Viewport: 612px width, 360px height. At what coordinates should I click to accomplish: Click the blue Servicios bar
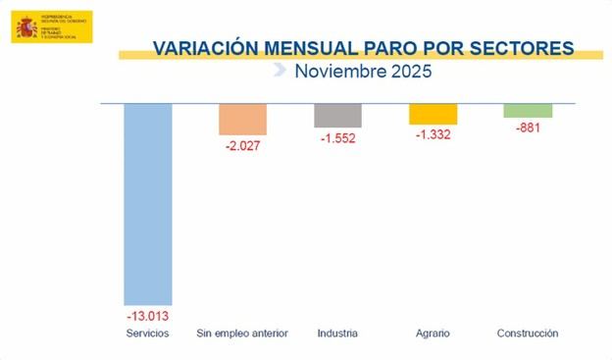[x=148, y=204]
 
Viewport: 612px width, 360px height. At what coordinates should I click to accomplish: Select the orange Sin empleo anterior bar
[x=242, y=119]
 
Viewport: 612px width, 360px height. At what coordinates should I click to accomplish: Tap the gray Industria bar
[x=338, y=115]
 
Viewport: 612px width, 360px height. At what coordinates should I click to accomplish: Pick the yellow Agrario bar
[x=433, y=114]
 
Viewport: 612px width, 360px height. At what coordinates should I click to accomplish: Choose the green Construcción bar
[x=528, y=110]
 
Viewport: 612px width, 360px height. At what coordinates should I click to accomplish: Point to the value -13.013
[x=148, y=316]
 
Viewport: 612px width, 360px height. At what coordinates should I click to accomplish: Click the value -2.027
[x=242, y=146]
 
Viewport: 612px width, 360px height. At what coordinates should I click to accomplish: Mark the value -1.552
[x=338, y=138]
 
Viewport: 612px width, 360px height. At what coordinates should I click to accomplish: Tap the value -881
[x=528, y=128]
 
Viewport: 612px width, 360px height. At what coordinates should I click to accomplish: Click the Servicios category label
[x=148, y=334]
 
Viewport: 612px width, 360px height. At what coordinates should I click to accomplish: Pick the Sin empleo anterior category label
[x=242, y=334]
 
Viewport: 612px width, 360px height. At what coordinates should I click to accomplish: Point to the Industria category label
[x=338, y=334]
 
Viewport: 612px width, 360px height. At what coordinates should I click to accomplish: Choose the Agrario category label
[x=433, y=334]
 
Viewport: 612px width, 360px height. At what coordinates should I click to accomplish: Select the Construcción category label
[x=528, y=334]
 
